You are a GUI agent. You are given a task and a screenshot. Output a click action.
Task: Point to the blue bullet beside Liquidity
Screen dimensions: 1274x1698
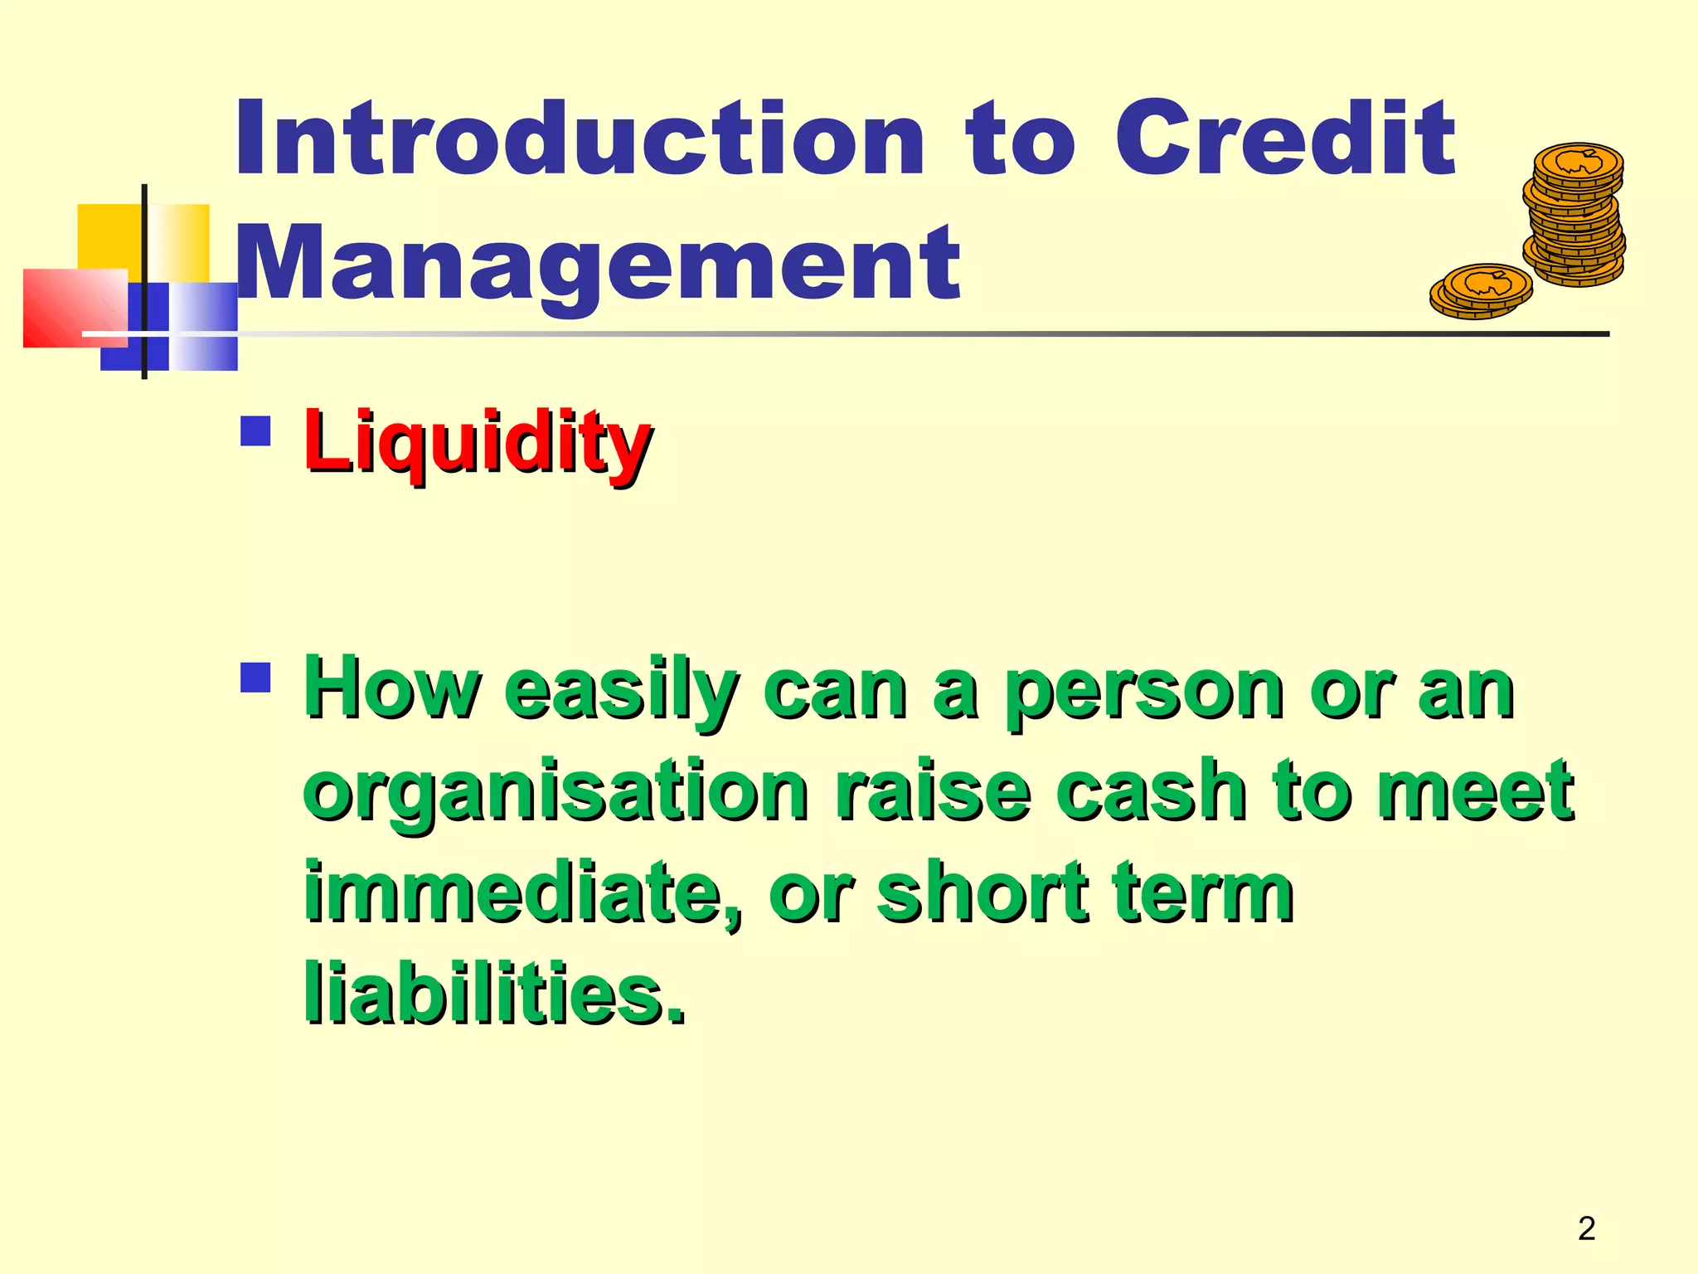pos(255,431)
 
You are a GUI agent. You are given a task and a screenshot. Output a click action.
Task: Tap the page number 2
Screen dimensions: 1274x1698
pos(1586,1228)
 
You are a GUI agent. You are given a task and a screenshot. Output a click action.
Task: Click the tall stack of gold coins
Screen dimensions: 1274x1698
pos(1574,216)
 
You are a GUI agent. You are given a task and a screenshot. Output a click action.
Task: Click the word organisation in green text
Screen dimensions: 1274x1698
pos(555,793)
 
